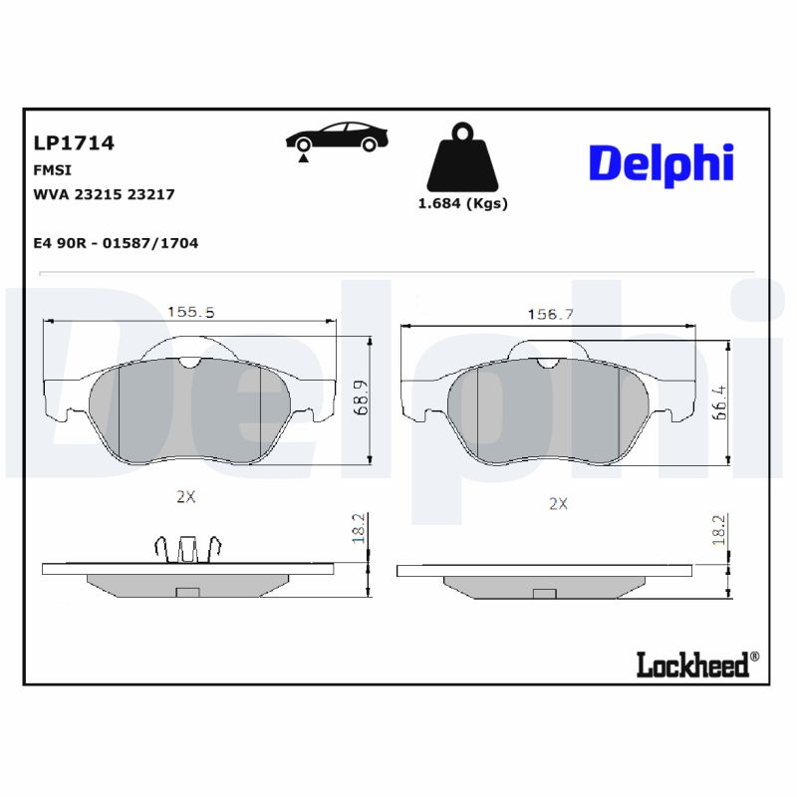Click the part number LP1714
(75, 143)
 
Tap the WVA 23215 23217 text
(105, 194)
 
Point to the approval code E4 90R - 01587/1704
(116, 243)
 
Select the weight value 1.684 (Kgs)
(461, 203)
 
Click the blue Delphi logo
(661, 163)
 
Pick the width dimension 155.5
(190, 311)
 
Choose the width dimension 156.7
(550, 314)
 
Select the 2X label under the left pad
(184, 495)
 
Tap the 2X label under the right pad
(558, 503)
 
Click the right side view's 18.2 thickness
(717, 530)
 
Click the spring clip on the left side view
(187, 549)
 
